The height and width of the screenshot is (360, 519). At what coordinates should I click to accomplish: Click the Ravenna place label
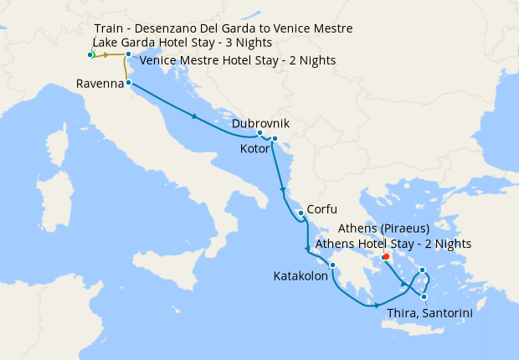point(100,84)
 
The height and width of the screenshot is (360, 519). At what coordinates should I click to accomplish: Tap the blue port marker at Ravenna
point(128,83)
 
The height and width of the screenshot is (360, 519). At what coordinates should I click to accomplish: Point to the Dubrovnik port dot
point(260,133)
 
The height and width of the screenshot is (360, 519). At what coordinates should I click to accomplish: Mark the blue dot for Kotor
point(275,139)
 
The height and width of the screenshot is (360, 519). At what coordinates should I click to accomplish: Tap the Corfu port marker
point(301,213)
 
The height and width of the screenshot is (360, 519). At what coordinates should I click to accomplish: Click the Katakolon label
point(301,275)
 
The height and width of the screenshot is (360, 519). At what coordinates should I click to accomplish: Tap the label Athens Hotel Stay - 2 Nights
point(393,244)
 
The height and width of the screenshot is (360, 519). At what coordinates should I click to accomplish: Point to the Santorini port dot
point(424,296)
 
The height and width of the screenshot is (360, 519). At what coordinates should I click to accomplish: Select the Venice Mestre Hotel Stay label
point(238,61)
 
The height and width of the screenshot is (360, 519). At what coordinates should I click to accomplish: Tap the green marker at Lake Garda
point(91,54)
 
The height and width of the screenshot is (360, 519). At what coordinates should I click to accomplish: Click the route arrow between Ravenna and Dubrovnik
point(195,116)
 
